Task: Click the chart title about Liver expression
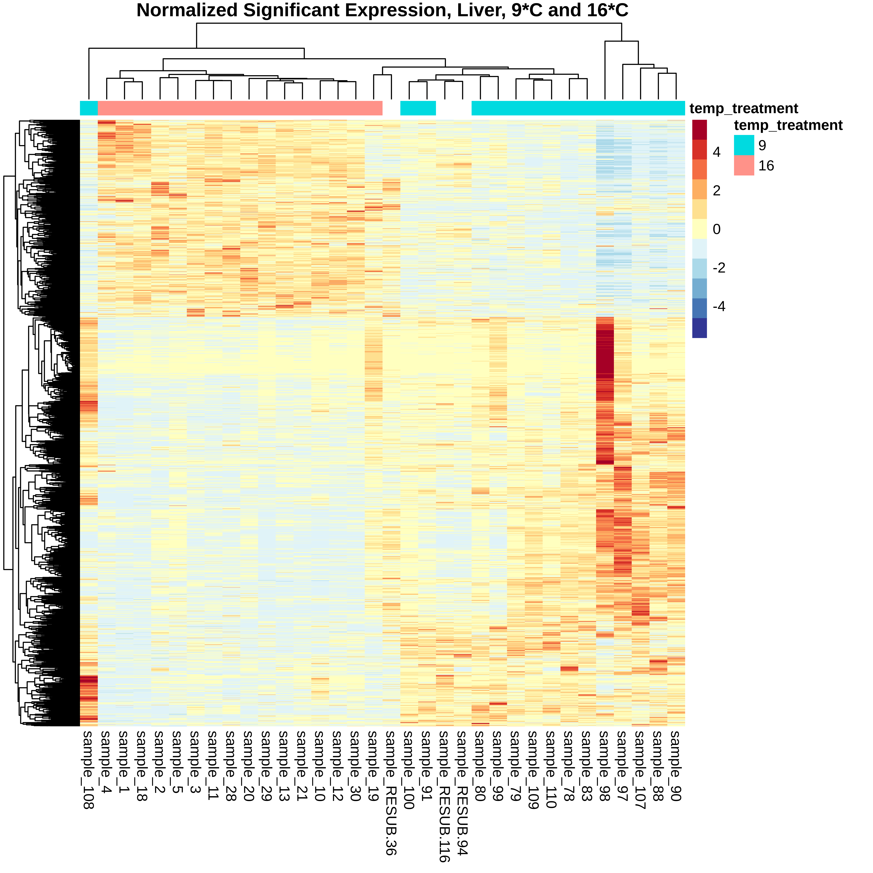[x=382, y=10]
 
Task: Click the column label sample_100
[x=409, y=770]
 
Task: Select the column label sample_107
[x=640, y=770]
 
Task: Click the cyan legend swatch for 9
[x=744, y=145]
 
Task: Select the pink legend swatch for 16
[x=744, y=165]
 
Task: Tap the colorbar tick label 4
[x=717, y=152]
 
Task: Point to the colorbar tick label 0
[x=717, y=230]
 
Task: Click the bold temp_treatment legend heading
[x=788, y=125]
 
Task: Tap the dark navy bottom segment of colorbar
[x=699, y=328]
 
